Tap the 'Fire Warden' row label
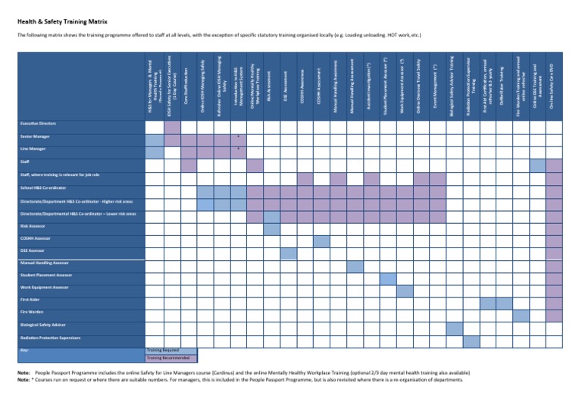click(x=31, y=312)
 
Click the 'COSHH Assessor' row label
click(x=36, y=237)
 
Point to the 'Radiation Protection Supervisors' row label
click(x=50, y=337)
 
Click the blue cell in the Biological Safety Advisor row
click(x=454, y=329)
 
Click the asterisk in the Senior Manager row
click(x=238, y=137)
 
